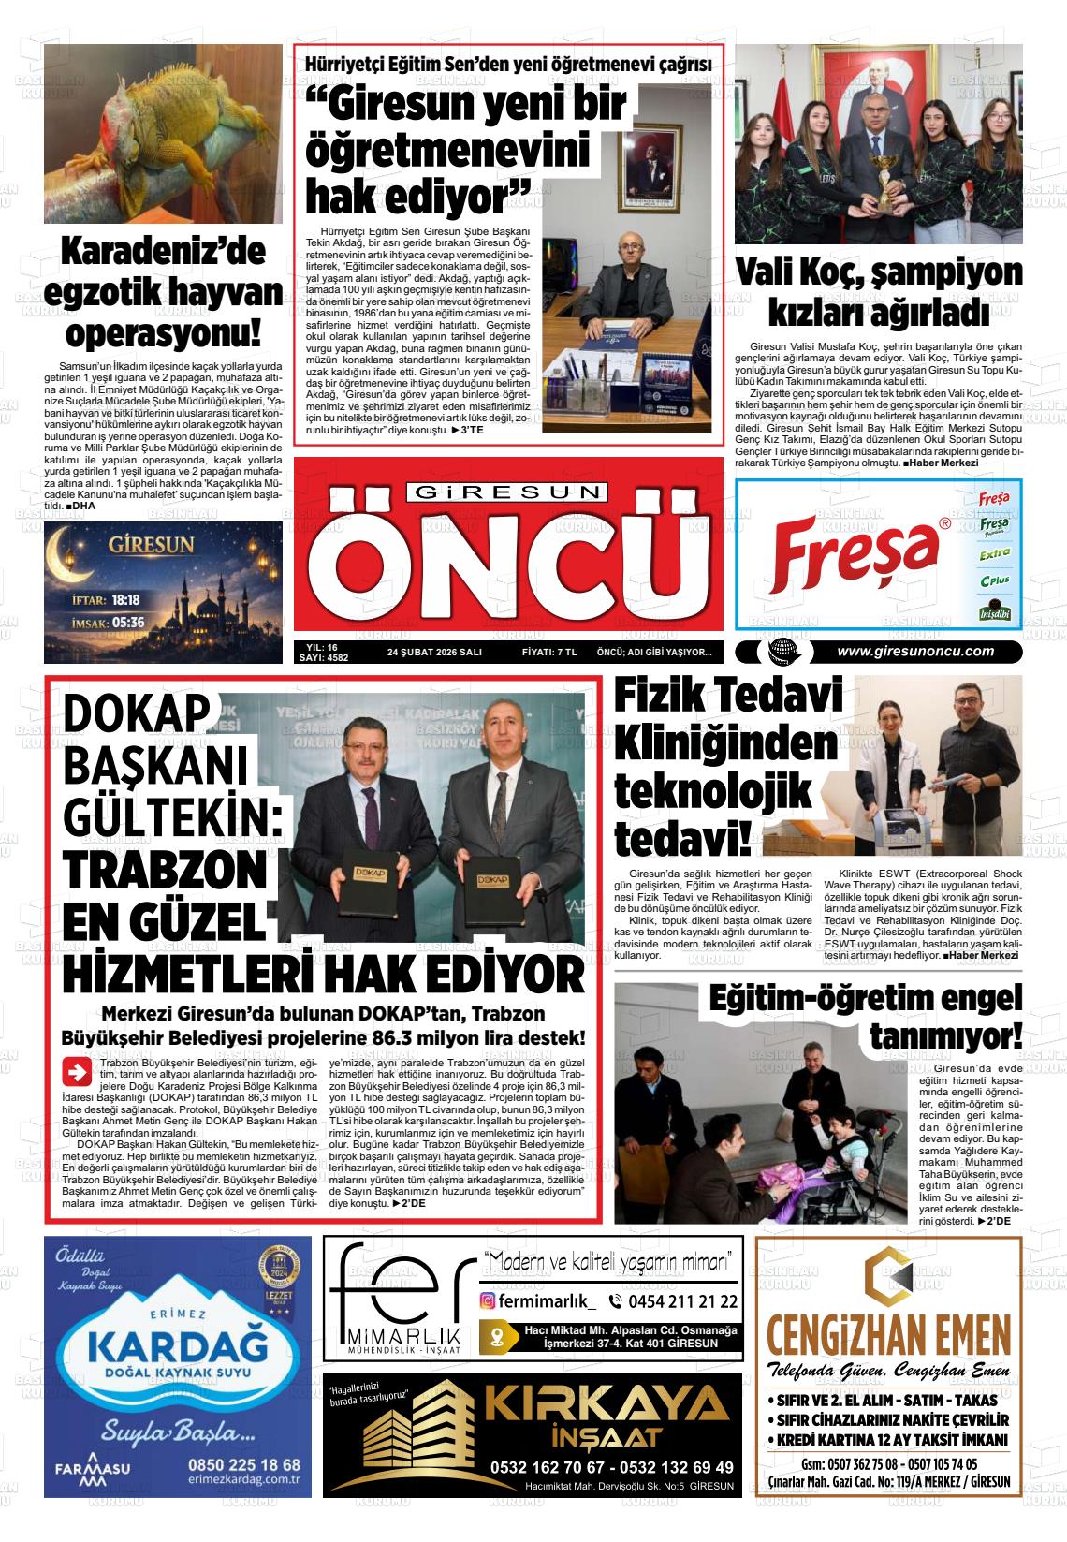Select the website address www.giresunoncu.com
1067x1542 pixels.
(x=914, y=652)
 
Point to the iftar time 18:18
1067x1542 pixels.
(x=125, y=600)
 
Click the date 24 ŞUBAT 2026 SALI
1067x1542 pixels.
(x=433, y=653)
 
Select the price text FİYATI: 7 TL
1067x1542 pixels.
(x=548, y=653)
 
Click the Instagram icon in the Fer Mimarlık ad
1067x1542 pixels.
(x=488, y=1300)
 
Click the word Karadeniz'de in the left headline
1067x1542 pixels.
(x=162, y=251)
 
